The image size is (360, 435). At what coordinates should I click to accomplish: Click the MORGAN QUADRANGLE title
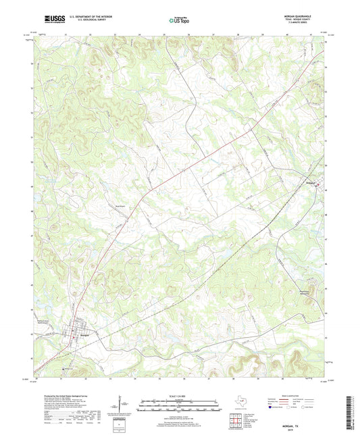coord(304,17)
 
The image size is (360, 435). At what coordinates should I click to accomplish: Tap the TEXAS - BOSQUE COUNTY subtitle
coord(305,20)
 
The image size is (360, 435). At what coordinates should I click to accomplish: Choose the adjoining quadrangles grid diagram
coord(236,421)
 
